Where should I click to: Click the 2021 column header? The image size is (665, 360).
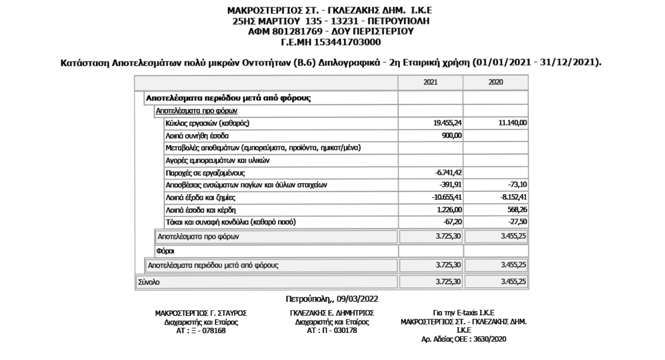pos(430,82)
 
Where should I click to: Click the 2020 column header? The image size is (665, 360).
pos(496,82)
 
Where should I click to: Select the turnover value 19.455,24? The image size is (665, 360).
pos(448,123)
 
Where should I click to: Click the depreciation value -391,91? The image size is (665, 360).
pos(451,185)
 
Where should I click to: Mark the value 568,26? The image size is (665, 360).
pos(516,210)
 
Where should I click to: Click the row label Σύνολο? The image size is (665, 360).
pos(149,282)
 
